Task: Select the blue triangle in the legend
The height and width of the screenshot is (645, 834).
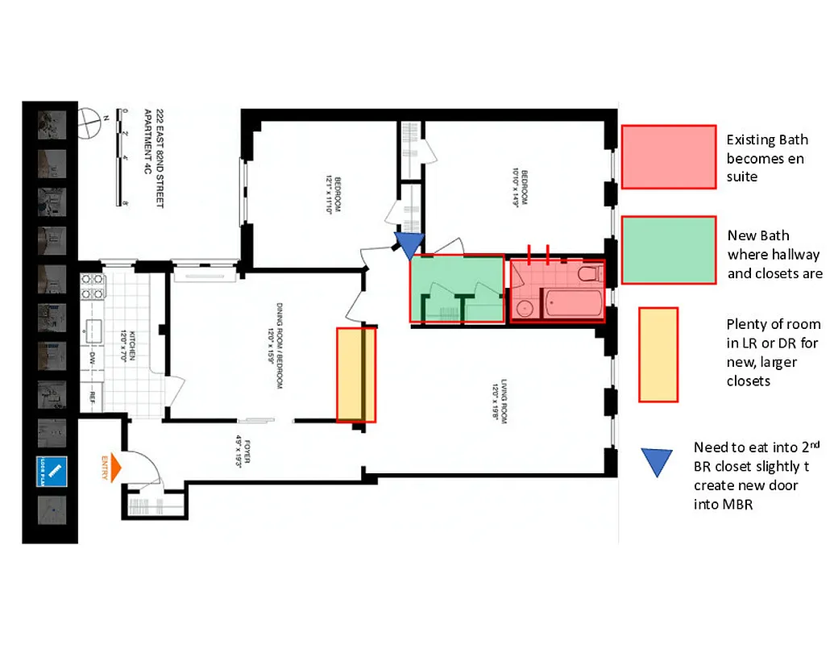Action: pyautogui.click(x=658, y=460)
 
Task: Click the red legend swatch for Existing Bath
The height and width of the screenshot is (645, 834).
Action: pyautogui.click(x=669, y=157)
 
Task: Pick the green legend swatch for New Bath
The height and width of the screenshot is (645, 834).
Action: pyautogui.click(x=669, y=250)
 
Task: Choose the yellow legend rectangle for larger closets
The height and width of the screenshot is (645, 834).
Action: pyautogui.click(x=658, y=355)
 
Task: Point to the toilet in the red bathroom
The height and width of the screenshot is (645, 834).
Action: pyautogui.click(x=590, y=274)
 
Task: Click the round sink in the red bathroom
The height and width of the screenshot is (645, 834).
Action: pyautogui.click(x=526, y=308)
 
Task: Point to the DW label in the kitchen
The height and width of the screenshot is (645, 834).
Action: pyautogui.click(x=93, y=356)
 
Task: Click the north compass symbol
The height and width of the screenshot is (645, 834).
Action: pyautogui.click(x=89, y=127)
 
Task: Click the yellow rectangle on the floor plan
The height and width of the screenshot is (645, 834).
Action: pyautogui.click(x=356, y=374)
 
